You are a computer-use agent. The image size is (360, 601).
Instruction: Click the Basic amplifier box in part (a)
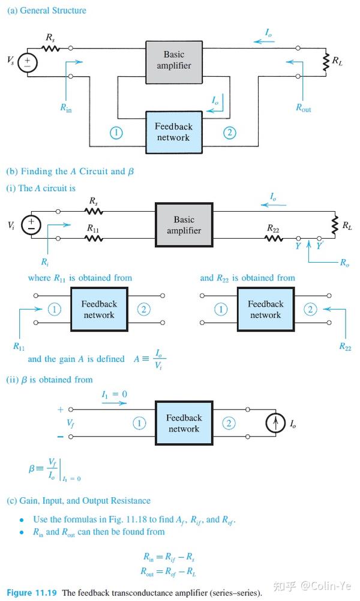(173, 62)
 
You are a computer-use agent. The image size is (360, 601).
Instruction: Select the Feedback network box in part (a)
(173, 132)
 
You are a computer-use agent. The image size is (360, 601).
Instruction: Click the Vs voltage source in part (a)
(28, 62)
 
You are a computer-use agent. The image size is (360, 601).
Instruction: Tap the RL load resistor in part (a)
(326, 62)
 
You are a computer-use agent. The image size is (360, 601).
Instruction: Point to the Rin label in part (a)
(66, 108)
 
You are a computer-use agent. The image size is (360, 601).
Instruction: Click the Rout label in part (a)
(303, 108)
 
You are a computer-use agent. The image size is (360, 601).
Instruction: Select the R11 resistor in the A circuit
(94, 238)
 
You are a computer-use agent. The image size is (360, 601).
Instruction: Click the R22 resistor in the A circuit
(274, 238)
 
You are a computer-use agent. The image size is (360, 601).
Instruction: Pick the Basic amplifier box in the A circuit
(184, 225)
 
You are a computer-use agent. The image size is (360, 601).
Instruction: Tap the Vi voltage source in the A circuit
(31, 225)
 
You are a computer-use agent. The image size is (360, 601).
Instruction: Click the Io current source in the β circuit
(275, 423)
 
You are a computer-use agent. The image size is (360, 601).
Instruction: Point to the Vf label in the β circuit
(70, 423)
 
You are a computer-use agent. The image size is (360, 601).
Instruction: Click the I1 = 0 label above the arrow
(114, 394)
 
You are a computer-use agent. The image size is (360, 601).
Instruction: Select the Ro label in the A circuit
(344, 263)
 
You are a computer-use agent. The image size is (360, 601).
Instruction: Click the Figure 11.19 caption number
(32, 593)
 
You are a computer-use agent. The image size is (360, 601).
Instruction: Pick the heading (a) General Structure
(46, 10)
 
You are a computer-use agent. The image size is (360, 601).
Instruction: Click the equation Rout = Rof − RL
(169, 572)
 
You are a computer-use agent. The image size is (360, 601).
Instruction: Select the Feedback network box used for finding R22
(265, 309)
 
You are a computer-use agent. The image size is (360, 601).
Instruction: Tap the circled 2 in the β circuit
(229, 423)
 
